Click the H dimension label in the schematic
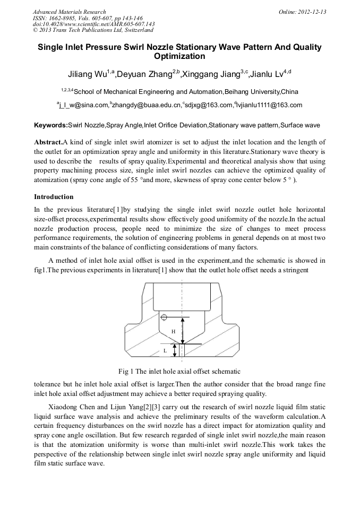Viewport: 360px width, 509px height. (x=173, y=331)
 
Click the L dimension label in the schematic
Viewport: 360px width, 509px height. (x=165, y=351)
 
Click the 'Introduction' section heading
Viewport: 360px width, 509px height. (x=54, y=197)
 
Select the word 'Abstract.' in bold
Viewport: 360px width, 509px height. (x=48, y=142)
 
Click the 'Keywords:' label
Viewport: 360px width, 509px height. (x=50, y=126)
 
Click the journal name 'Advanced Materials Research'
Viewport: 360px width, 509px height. (x=69, y=12)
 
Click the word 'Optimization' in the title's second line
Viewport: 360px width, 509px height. (x=179, y=56)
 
